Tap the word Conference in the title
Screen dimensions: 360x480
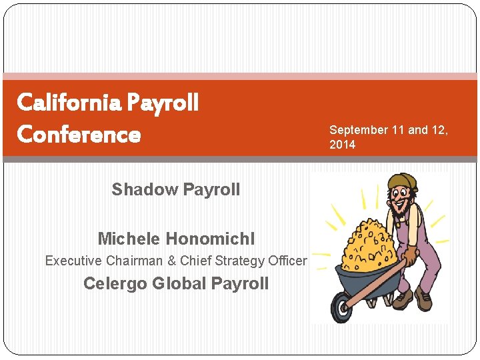(79, 135)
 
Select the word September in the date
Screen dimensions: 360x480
(359, 130)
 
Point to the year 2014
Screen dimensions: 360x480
(342, 145)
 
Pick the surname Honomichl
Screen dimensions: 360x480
(210, 238)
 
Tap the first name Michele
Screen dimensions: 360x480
(129, 238)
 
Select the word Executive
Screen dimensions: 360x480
(72, 261)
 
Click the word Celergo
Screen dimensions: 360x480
(115, 283)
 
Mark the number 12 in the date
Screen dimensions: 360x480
(440, 130)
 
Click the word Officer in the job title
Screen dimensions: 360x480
(288, 261)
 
